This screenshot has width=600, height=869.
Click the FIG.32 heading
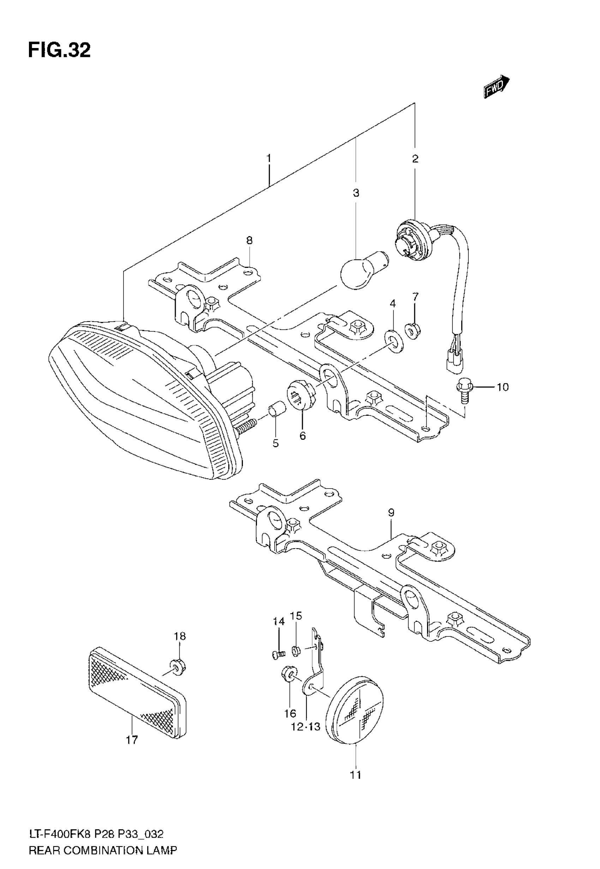tap(59, 51)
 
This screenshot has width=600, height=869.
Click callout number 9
tap(391, 512)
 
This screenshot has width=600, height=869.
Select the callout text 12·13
tap(306, 726)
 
